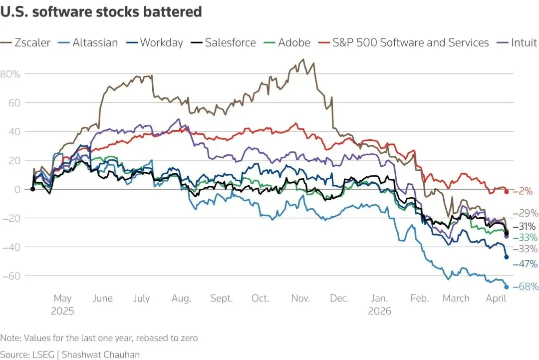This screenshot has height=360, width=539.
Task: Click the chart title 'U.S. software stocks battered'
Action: click(101, 12)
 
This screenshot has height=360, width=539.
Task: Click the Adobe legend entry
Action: click(288, 42)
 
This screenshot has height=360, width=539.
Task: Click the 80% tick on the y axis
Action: click(10, 74)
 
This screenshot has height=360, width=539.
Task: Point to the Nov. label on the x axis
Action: click(300, 299)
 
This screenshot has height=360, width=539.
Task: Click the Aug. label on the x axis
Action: click(181, 299)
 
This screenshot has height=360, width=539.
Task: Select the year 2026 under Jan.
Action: click(379, 311)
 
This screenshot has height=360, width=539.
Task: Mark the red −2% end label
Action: click(523, 191)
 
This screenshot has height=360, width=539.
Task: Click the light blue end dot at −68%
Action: click(507, 287)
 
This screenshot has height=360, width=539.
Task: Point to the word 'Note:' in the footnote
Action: click(10, 338)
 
